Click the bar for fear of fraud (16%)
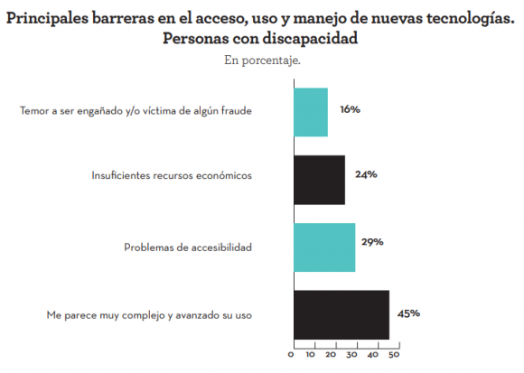tap(310, 112)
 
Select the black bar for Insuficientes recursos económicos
tap(319, 179)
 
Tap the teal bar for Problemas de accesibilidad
tap(323, 247)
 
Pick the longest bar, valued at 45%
tap(341, 314)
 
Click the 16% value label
tap(350, 109)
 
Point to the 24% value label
tap(366, 174)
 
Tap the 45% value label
tap(408, 313)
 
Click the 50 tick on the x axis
tap(395, 354)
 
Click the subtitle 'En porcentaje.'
tap(261, 60)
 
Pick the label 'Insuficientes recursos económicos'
tap(172, 175)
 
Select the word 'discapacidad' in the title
tap(312, 38)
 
